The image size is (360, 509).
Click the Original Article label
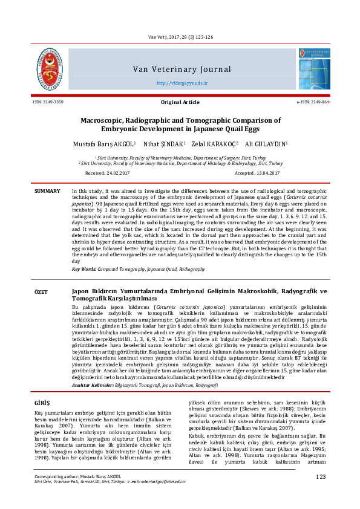pyautogui.click(x=180, y=102)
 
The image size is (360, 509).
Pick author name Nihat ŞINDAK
pyautogui.click(x=168, y=144)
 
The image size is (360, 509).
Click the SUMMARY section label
pyautogui.click(x=47, y=191)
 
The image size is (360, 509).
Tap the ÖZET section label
pyautogui.click(x=41, y=292)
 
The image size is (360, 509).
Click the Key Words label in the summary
pyautogui.click(x=87, y=269)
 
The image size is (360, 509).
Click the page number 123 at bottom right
pyautogui.click(x=321, y=494)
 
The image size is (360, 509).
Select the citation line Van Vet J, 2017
pyautogui.click(x=180, y=21)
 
